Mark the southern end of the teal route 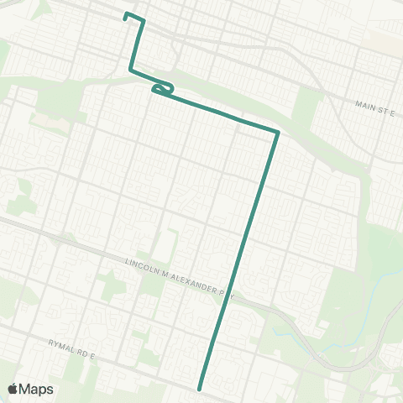[x=200, y=389]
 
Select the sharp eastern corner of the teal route [x=277, y=131]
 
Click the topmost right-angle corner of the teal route [x=144, y=20]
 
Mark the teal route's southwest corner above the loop [x=130, y=70]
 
